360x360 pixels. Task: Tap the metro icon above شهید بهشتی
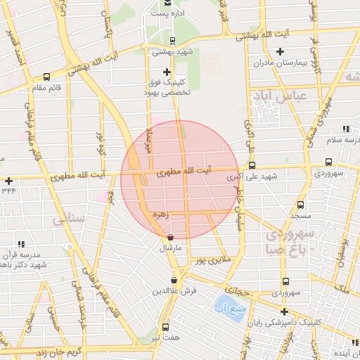coord(173,41)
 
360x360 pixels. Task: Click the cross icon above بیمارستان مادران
coord(281,51)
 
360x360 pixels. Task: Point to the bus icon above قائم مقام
coord(46,77)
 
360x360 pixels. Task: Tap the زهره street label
coord(165,217)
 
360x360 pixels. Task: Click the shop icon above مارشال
coord(173,238)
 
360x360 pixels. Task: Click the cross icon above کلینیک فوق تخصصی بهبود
coord(167,72)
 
